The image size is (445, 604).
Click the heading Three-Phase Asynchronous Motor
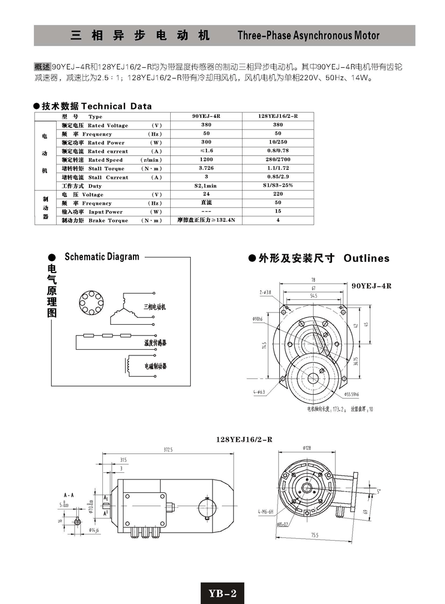coord(308,36)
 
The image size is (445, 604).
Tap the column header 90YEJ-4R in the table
coord(206,116)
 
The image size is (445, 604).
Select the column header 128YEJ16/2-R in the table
coord(278,116)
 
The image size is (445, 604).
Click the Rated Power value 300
coord(206,142)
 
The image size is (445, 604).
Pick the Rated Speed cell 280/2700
coord(278,160)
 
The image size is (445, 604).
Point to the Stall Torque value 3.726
coord(206,169)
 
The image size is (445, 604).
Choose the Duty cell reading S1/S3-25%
coord(278,186)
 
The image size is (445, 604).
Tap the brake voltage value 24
coord(206,195)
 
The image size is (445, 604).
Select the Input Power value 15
coord(278,212)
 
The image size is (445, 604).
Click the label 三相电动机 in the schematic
coord(155,306)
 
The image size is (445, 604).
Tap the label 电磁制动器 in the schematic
coord(156,367)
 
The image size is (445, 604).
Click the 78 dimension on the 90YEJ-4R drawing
coord(313,279)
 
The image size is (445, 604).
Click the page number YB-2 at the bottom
coord(222,593)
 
